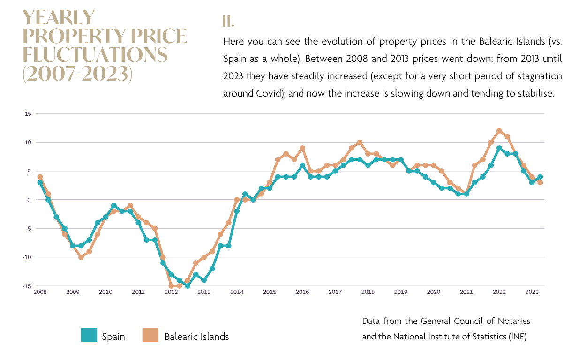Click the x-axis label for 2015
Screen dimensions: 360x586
click(270, 292)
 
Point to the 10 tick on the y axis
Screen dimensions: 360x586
click(28, 142)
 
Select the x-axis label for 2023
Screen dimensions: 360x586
click(532, 292)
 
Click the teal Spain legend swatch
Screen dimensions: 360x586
click(89, 335)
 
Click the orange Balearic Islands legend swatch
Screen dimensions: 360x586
click(151, 335)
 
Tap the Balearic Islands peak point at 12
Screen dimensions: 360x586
click(499, 131)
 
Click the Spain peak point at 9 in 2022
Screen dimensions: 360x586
click(499, 148)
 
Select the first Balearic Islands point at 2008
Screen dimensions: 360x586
click(40, 177)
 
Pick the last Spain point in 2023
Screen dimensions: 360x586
click(540, 177)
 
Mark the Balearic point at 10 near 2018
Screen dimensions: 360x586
click(360, 142)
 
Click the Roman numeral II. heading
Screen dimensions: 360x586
click(228, 22)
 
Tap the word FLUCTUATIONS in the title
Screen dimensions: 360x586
click(95, 55)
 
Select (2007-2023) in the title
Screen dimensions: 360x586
click(77, 74)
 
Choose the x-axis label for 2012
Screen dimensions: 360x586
click(171, 292)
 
